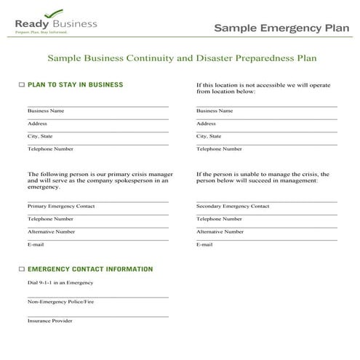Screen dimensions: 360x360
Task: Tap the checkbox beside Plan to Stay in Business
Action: coord(21,85)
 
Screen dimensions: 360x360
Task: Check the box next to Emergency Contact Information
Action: coord(21,269)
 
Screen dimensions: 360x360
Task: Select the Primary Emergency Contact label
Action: coord(61,206)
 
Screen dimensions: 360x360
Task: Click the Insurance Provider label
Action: coord(50,320)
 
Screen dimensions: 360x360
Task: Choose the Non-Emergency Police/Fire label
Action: coord(60,301)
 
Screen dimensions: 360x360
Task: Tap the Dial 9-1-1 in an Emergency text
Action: coord(60,282)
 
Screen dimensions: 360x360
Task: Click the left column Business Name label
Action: coord(46,111)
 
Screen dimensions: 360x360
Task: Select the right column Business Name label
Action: coord(215,111)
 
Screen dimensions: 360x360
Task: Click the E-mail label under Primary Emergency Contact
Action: coord(36,244)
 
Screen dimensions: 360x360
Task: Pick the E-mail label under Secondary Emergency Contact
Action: coord(204,244)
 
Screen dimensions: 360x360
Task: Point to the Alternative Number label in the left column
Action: coord(51,231)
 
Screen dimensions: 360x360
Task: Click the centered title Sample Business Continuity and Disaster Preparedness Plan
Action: coord(182,57)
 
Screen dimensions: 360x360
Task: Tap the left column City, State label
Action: coord(40,136)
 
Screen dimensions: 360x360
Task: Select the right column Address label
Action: coord(207,124)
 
